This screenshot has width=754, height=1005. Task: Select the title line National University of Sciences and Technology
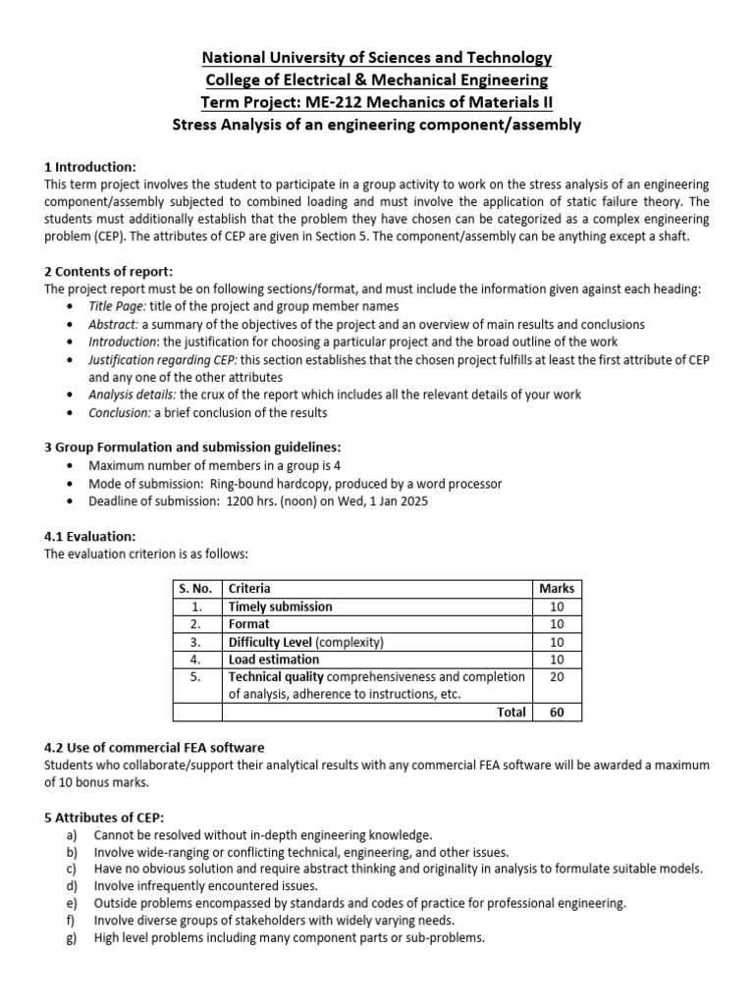(377, 58)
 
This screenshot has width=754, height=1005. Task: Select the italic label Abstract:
(114, 324)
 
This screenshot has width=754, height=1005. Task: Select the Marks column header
(557, 589)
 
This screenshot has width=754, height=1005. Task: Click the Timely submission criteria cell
(280, 607)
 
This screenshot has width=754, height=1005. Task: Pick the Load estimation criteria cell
(274, 660)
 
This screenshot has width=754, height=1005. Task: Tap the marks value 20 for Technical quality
(557, 677)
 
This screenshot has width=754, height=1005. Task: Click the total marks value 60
(557, 713)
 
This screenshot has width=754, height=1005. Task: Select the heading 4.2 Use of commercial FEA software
(154, 748)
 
